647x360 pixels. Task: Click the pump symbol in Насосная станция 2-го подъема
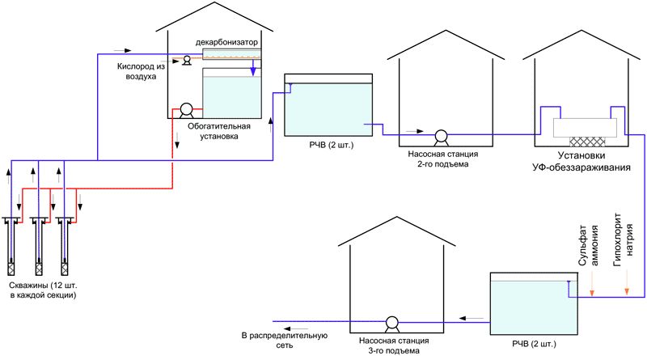(442, 135)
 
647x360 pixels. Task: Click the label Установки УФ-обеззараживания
(584, 163)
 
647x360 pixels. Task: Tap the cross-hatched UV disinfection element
(583, 138)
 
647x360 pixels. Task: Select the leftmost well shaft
(12, 247)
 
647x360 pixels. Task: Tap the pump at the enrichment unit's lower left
(185, 110)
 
